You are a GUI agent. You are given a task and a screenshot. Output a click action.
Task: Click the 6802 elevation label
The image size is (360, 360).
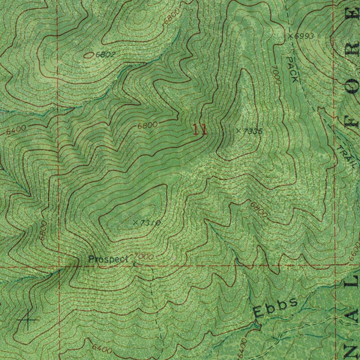pyautogui.click(x=105, y=54)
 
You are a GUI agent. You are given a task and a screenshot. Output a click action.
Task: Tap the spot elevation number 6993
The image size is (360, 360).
pyautogui.click(x=304, y=36)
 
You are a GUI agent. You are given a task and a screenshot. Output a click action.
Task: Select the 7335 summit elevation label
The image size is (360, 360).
pyautogui.click(x=253, y=131)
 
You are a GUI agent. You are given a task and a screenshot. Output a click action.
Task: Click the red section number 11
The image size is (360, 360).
pyautogui.click(x=199, y=130)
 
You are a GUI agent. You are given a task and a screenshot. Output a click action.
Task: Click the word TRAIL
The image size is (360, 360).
pyautogui.click(x=345, y=156)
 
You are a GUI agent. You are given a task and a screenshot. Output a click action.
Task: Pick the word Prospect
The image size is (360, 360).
pyautogui.click(x=108, y=259)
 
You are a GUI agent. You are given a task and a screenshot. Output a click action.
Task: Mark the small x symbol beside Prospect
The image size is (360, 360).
pyautogui.click(x=134, y=263)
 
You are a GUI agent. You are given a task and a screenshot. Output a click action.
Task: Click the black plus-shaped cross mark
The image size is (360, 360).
pyautogui.click(x=27, y=320)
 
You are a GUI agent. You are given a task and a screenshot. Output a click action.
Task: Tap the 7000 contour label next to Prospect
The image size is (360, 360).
pyautogui.click(x=144, y=257)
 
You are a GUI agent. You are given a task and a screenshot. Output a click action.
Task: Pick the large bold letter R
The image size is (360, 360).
pyautogui.click(x=353, y=49)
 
